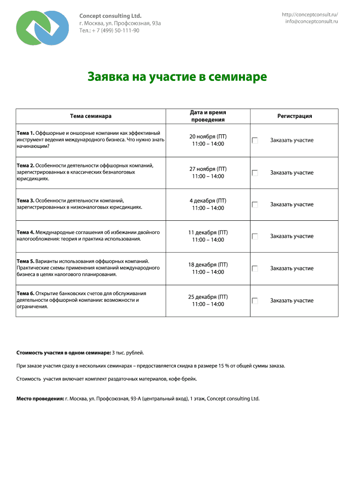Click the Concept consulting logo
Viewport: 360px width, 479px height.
coord(42,28)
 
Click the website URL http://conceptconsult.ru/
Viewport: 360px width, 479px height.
coord(310,15)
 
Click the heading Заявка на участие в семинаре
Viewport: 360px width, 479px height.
coord(177,77)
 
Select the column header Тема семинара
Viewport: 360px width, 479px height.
coord(91,116)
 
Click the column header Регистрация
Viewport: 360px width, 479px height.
coord(294,116)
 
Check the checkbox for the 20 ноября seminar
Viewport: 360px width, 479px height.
coord(255,140)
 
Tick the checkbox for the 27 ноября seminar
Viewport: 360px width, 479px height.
coord(255,173)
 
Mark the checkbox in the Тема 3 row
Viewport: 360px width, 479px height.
coord(255,204)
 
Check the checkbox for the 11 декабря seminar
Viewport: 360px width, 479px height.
coord(255,236)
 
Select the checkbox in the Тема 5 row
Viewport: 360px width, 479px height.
coord(255,269)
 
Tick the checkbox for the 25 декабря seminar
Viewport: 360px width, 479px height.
coord(255,301)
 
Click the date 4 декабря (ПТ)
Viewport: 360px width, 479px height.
coord(208,201)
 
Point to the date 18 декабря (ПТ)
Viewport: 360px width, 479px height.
coord(208,264)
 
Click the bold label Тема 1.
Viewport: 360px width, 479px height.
coord(25,133)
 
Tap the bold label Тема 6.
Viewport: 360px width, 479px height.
coord(25,293)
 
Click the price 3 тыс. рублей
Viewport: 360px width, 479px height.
coord(129,351)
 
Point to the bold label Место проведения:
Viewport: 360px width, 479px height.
coord(40,399)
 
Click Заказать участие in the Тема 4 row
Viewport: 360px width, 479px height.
coord(292,236)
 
